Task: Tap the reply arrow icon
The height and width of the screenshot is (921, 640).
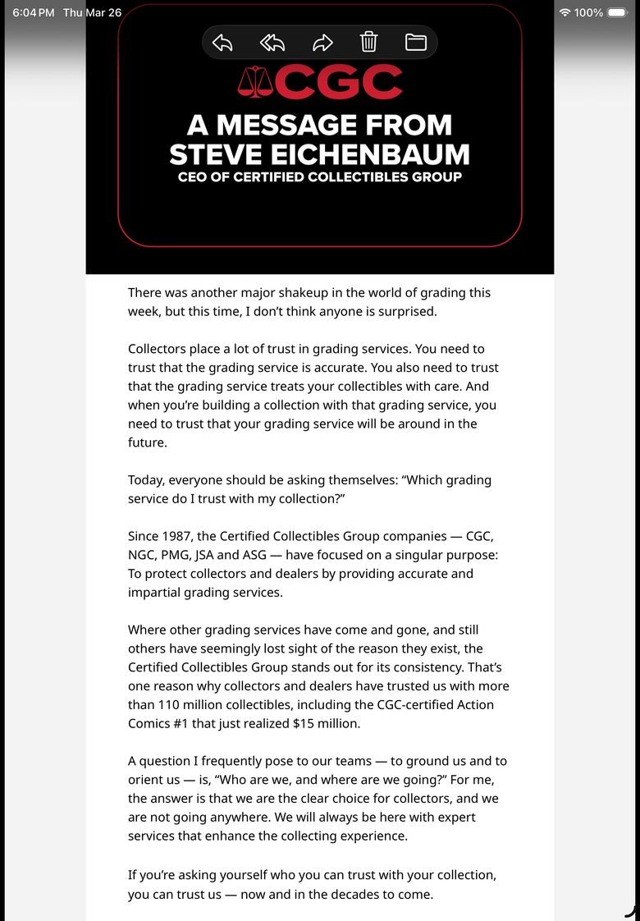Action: pyautogui.click(x=222, y=43)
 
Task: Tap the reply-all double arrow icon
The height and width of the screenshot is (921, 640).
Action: pyautogui.click(x=272, y=43)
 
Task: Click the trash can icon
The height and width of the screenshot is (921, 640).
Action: pyautogui.click(x=369, y=42)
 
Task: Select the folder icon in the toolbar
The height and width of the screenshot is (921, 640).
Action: pyautogui.click(x=415, y=43)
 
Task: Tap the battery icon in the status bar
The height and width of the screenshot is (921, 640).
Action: pyautogui.click(x=617, y=12)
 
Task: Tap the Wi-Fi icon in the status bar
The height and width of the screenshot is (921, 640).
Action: pyautogui.click(x=565, y=12)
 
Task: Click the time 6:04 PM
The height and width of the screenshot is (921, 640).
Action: pyautogui.click(x=34, y=12)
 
